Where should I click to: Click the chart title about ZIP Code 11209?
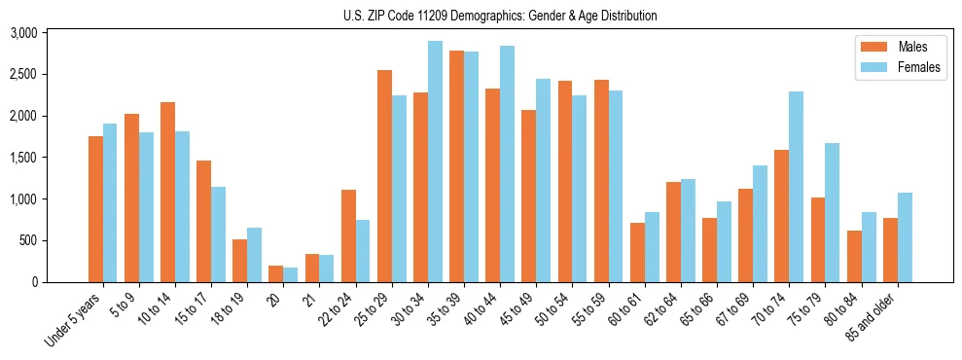click(500, 16)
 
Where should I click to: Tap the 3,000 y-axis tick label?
click(22, 32)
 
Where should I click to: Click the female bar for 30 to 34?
click(435, 162)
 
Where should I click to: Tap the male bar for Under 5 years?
click(95, 209)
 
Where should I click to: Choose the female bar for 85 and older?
click(905, 237)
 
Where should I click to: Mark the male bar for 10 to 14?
click(167, 192)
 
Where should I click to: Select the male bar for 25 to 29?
click(384, 176)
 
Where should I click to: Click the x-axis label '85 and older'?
click(878, 316)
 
